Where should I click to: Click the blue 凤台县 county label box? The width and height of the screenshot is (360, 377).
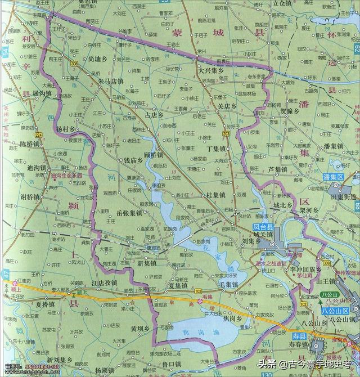click(263, 227)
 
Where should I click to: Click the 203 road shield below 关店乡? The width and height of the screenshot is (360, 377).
click(226, 133)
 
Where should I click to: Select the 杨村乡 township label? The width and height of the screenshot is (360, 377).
click(68, 129)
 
